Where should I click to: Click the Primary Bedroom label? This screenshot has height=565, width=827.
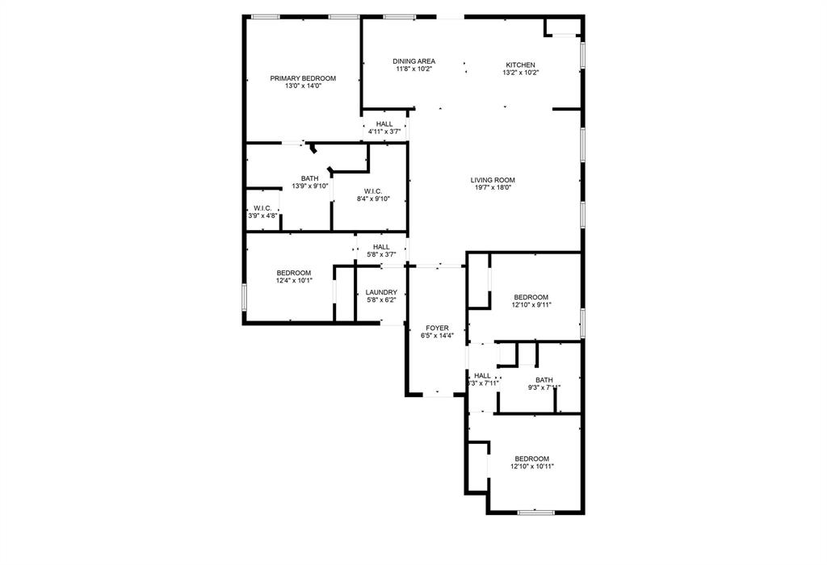[303, 78]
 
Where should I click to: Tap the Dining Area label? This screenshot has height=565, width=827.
[414, 61]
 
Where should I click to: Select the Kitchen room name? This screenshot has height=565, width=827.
[520, 65]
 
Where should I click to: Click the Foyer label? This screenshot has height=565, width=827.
[437, 328]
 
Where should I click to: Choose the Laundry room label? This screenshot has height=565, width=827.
[381, 292]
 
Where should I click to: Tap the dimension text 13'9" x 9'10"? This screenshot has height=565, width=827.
[309, 186]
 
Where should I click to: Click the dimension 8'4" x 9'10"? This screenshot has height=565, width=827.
[372, 199]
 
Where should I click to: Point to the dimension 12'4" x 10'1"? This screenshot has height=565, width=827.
[294, 280]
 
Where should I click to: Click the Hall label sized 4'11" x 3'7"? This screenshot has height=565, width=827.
[384, 123]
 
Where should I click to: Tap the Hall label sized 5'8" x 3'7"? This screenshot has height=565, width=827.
[381, 247]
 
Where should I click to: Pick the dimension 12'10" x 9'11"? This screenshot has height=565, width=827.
[531, 304]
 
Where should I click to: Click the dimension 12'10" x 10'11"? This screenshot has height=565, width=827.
[531, 466]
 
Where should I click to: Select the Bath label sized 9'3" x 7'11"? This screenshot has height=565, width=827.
[544, 380]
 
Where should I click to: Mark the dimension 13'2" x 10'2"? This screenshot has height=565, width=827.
[520, 73]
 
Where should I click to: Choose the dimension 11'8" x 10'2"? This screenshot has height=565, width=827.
[414, 69]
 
